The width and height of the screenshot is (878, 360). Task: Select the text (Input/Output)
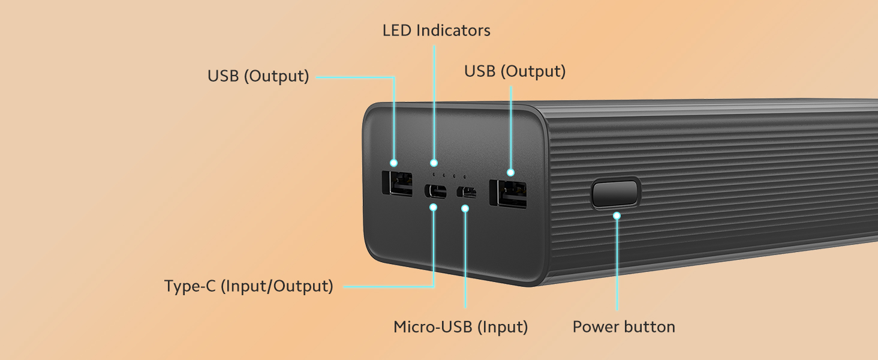277,286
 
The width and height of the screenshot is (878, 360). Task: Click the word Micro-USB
432,327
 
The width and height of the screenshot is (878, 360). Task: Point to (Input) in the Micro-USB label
503,327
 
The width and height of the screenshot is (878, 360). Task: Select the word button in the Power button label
650,327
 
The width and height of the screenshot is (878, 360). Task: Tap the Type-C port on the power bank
436,192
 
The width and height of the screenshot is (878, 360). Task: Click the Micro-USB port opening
466,192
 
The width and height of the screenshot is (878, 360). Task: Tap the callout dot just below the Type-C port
434,208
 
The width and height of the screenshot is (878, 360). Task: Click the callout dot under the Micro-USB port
465,209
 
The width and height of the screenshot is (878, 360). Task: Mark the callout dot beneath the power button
617,215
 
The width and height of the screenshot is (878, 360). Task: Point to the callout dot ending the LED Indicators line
434,163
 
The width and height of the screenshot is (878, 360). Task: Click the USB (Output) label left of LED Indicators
258,76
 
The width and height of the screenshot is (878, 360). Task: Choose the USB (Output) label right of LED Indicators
515,71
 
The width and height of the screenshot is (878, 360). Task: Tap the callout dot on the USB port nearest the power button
510,172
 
